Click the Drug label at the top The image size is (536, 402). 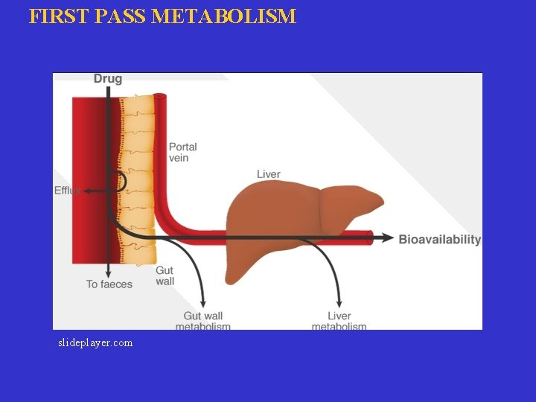coord(108,79)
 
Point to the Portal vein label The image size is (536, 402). coord(182,152)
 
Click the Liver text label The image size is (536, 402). coord(268,174)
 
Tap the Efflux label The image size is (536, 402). coord(67,191)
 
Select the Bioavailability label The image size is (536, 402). coord(439,239)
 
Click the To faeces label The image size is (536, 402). coord(109,284)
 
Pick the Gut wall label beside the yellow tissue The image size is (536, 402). coord(165,275)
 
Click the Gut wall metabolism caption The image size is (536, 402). coord(202,321)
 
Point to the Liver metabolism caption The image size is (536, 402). coord(339,321)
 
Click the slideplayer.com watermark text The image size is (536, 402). coord(95,343)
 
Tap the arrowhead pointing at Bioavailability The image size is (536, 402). coord(389,237)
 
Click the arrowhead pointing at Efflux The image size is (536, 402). coord(86,191)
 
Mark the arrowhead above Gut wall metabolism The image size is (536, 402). coord(202,301)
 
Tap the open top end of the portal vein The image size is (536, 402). coord(159,97)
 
